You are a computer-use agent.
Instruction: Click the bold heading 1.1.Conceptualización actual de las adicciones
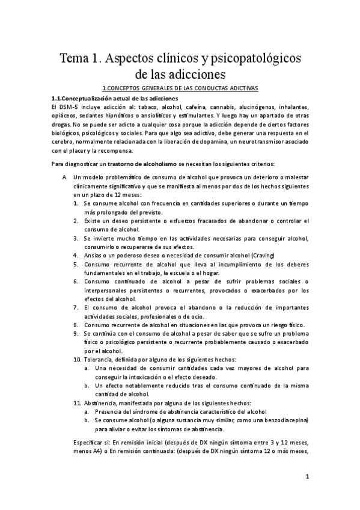[114, 97]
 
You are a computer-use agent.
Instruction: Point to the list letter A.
[64, 179]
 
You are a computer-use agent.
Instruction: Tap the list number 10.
[78, 358]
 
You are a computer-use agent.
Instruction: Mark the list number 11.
[78, 401]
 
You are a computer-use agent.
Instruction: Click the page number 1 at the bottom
[307, 478]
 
